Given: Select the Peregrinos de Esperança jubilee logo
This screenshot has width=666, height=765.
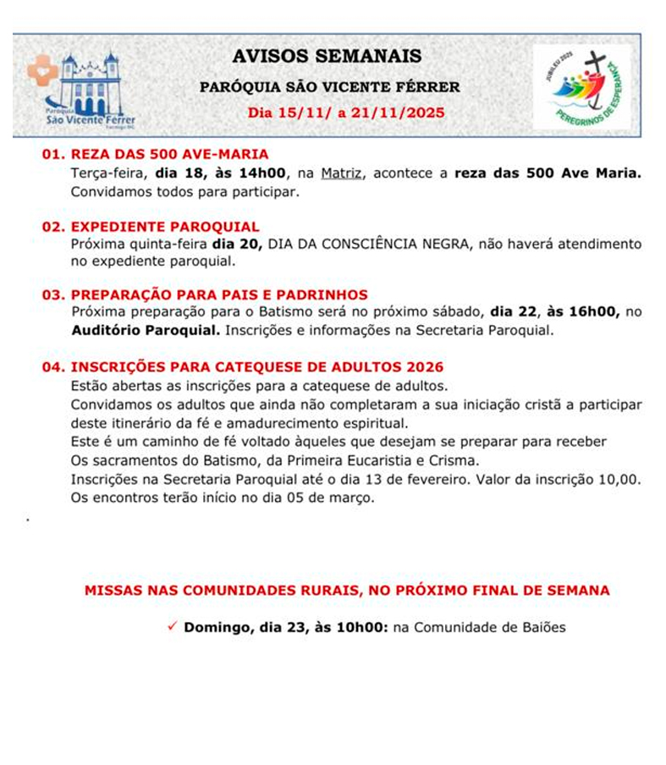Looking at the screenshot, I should tap(581, 87).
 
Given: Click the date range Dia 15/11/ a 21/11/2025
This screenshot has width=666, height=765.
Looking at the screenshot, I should tap(345, 113).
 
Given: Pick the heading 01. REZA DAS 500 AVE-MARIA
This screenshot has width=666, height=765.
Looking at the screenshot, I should tap(156, 154).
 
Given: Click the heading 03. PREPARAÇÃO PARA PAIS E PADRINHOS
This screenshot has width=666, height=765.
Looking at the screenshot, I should tap(205, 294).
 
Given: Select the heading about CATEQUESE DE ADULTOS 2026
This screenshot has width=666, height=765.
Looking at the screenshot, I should tap(244, 367).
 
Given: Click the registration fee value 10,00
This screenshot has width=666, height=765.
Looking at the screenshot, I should tap(619, 480).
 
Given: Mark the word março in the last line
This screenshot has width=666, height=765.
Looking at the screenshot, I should tap(354, 498).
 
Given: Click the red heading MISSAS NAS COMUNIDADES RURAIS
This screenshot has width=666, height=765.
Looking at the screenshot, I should tap(347, 590).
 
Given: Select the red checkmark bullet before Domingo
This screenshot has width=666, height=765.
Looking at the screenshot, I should tap(172, 627).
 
